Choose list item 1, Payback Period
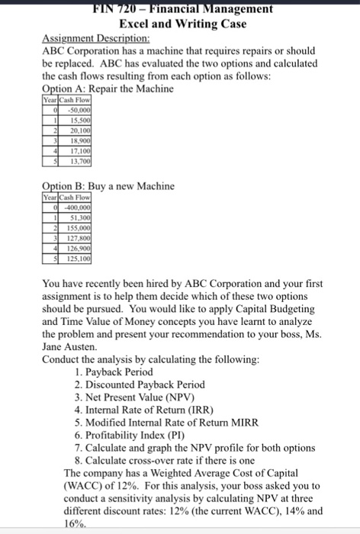pyautogui.click(x=114, y=372)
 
